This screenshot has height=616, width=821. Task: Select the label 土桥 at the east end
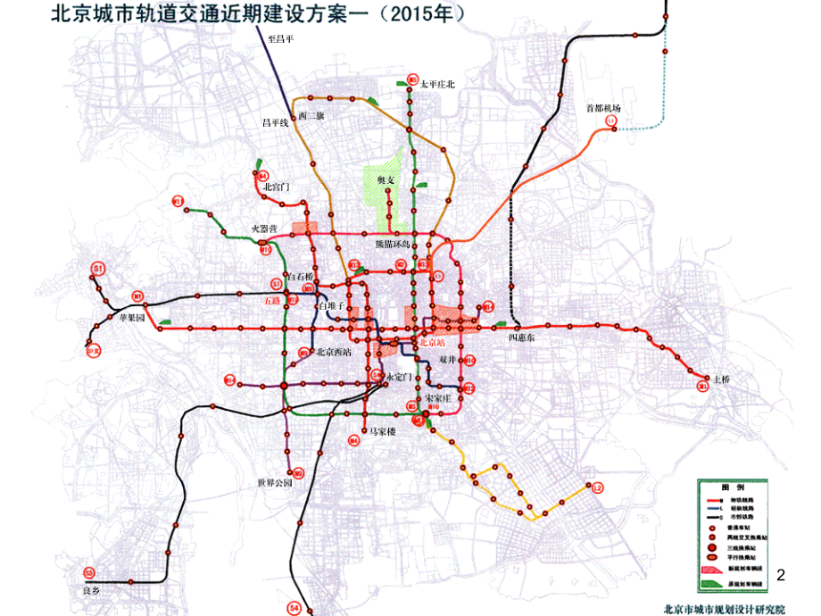click(722, 379)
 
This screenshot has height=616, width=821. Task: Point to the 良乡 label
click(89, 591)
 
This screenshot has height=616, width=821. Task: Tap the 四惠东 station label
click(521, 338)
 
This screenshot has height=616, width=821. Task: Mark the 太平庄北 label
click(437, 84)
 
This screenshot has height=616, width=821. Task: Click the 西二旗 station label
click(311, 116)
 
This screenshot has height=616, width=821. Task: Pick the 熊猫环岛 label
click(391, 244)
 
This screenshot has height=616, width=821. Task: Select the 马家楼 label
click(378, 432)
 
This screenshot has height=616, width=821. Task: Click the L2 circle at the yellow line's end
click(598, 487)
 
